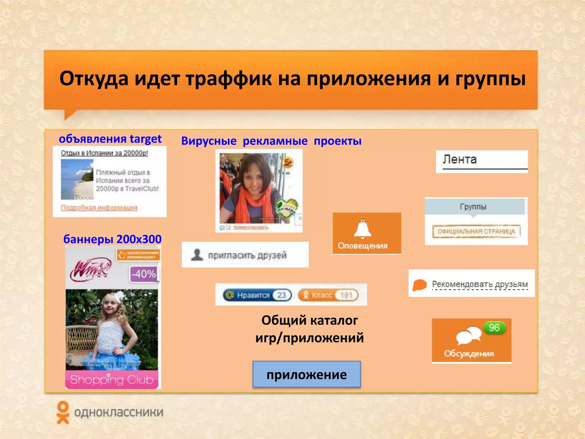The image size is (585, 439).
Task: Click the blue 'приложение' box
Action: click(306, 374)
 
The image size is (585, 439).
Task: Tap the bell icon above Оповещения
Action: click(362, 229)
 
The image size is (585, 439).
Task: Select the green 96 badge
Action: click(494, 328)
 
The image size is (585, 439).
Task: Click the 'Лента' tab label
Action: click(460, 159)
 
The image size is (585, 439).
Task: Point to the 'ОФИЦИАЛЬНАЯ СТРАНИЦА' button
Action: click(476, 231)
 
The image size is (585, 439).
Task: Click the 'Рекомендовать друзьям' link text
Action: click(480, 284)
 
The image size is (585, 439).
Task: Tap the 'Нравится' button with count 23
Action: click(257, 295)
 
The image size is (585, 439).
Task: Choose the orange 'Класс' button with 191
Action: click(328, 295)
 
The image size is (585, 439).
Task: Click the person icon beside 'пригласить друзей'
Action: click(197, 255)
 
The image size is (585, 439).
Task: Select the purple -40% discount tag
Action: click(144, 274)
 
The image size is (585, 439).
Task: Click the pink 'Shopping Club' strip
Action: click(112, 380)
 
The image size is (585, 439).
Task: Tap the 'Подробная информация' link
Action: click(99, 207)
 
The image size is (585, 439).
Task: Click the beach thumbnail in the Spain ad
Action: click(77, 179)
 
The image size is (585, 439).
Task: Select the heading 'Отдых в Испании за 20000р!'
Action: click(105, 153)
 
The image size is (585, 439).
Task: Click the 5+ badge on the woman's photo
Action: click(288, 162)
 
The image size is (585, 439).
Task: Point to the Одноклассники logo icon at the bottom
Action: click(63, 412)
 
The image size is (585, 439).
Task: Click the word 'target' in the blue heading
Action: click(145, 139)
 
